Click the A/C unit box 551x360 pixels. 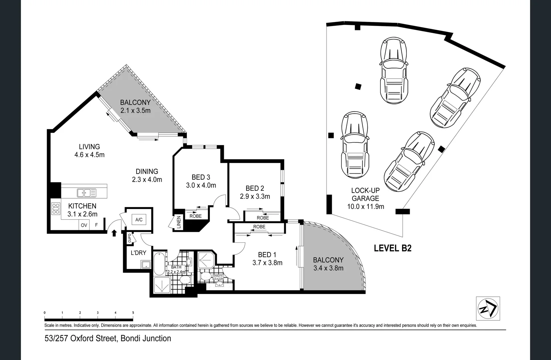point(139,220)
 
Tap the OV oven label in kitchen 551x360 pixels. point(84,225)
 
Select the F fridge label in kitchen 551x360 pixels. point(96,225)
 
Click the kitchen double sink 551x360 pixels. point(84,193)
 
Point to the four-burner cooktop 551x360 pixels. point(56,209)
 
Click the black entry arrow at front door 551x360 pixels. point(114,233)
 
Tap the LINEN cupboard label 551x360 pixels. point(179,222)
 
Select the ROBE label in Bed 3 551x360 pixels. point(196,216)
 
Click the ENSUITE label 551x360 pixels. point(218,276)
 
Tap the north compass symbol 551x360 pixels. point(488,308)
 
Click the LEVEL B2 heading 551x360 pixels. point(392,248)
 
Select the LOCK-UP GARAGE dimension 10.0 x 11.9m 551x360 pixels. point(365,207)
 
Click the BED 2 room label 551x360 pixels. point(255,188)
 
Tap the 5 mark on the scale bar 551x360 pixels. point(133,313)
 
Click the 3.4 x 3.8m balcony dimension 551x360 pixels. point(328,268)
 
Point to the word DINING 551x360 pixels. point(147,171)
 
